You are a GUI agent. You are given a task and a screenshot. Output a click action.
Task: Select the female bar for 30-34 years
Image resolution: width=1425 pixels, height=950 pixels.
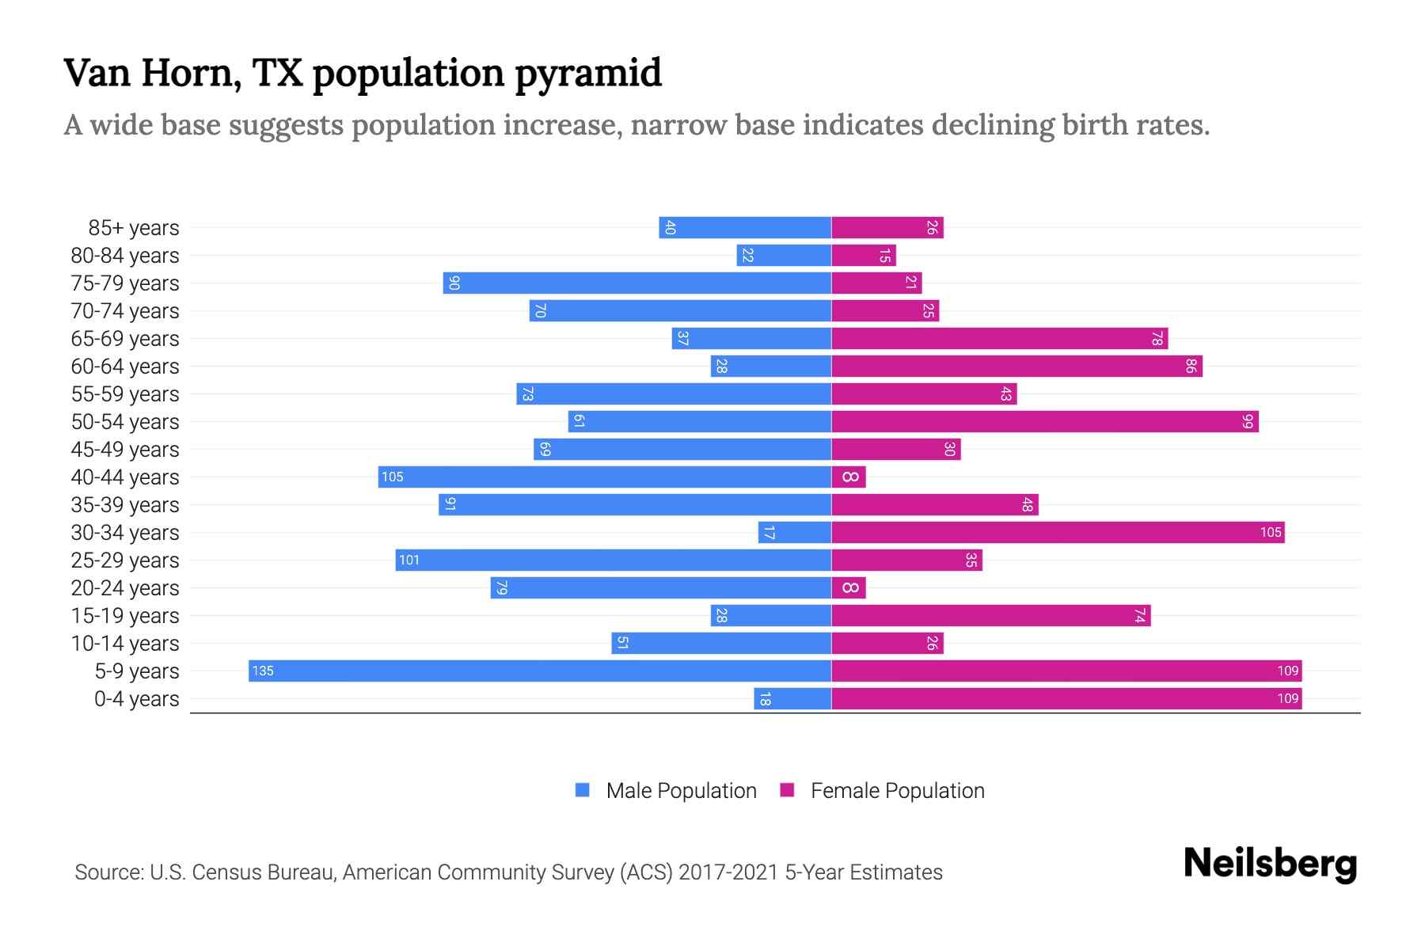pyautogui.click(x=1057, y=532)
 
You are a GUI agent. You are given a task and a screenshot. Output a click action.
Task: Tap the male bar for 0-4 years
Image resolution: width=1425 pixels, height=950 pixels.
pyautogui.click(x=792, y=698)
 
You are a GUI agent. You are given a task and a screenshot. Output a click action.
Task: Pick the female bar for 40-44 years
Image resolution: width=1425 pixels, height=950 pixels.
pyautogui.click(x=849, y=477)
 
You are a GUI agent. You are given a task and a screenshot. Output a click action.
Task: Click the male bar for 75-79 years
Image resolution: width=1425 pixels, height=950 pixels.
pyautogui.click(x=637, y=283)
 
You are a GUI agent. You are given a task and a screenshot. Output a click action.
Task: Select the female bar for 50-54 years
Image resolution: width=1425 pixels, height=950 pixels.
pyautogui.click(x=1045, y=421)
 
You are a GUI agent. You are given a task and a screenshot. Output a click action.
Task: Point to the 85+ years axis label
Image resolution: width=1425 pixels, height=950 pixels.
pyautogui.click(x=134, y=228)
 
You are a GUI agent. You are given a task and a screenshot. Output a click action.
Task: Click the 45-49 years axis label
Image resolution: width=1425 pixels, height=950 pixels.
pyautogui.click(x=125, y=450)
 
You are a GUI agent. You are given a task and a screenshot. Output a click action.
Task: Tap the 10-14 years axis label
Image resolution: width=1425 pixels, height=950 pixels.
pyautogui.click(x=125, y=644)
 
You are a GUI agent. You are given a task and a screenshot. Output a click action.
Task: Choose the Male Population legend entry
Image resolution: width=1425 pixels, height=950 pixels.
pyautogui.click(x=681, y=791)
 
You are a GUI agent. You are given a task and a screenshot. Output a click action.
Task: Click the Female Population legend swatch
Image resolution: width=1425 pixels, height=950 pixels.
pyautogui.click(x=787, y=790)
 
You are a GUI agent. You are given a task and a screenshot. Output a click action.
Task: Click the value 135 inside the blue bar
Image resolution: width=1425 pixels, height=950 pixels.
pyautogui.click(x=262, y=671)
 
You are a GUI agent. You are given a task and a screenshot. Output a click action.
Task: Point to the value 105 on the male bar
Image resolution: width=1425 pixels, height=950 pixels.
pyautogui.click(x=392, y=477)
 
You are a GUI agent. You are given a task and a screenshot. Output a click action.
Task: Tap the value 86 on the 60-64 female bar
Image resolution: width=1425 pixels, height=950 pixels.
pyautogui.click(x=1191, y=366)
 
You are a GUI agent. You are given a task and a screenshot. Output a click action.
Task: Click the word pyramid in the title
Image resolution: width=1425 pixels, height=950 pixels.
pyautogui.click(x=588, y=74)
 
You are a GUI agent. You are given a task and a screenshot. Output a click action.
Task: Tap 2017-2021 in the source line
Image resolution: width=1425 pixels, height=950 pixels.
pyautogui.click(x=728, y=872)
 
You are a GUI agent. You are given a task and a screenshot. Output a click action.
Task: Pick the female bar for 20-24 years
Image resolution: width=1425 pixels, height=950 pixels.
pyautogui.click(x=849, y=587)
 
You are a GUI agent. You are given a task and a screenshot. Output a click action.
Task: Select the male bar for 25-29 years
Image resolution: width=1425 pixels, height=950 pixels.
pyautogui.click(x=614, y=560)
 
